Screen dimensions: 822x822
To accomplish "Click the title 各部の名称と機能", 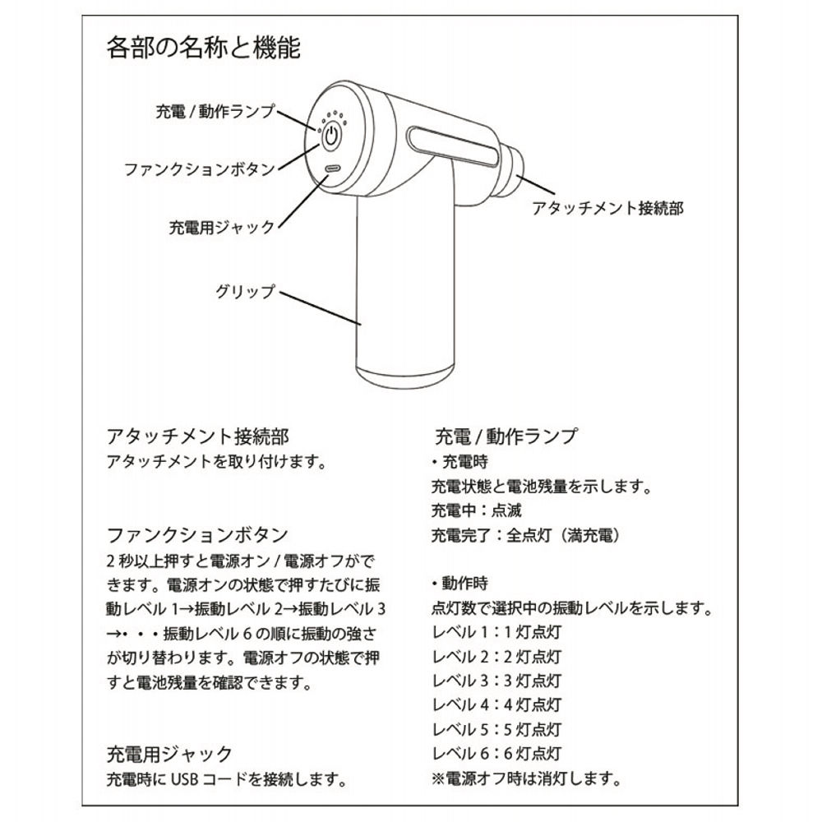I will (203, 47).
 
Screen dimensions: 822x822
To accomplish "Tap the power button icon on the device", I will (330, 137).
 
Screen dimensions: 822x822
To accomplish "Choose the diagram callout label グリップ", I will (245, 291).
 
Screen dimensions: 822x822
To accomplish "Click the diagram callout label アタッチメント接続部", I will (607, 208).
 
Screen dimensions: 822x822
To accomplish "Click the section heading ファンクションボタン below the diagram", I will (197, 534).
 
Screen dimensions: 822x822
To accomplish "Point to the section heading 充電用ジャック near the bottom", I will (169, 753).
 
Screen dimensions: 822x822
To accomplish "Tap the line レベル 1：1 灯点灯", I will (496, 633).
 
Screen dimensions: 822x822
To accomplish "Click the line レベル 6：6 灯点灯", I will (496, 753).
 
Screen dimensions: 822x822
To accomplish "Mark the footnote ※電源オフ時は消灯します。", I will (525, 778).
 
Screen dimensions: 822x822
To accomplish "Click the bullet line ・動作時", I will (459, 584).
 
